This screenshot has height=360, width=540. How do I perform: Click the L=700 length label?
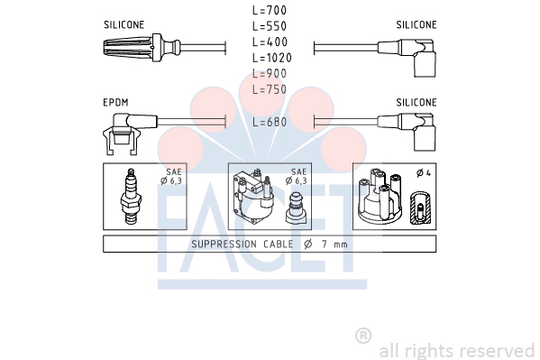tap(270, 10)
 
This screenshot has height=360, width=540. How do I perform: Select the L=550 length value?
tap(270, 26)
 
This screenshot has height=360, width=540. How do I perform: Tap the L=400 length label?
tap(270, 42)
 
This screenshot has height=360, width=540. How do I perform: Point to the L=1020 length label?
tap(272, 58)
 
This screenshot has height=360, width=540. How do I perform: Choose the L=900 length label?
tap(270, 73)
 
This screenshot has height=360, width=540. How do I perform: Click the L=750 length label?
tap(270, 89)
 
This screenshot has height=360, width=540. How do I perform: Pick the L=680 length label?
tap(270, 122)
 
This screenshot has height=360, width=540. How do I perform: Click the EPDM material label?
tap(115, 103)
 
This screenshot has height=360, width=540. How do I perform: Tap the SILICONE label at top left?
tap(124, 25)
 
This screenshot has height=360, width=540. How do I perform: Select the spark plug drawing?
tap(131, 196)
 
